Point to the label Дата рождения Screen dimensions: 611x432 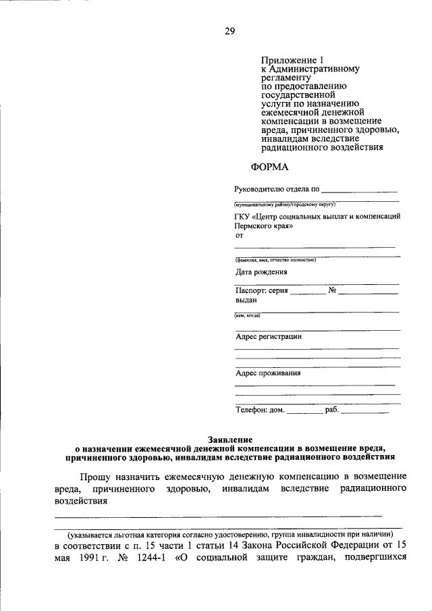[x=261, y=273]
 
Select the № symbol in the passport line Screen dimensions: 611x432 [x=332, y=290]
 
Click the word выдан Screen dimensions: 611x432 [x=246, y=300]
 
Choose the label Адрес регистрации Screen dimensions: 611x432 [x=268, y=336]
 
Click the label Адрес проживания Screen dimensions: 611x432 [x=268, y=373]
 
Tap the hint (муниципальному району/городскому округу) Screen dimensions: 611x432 [x=284, y=204]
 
